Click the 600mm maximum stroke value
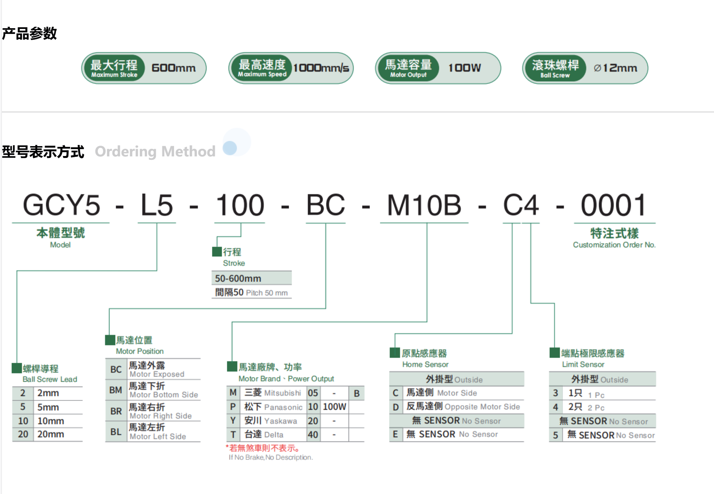pyautogui.click(x=174, y=68)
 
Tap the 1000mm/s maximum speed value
pyautogui.click(x=321, y=68)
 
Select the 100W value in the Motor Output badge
pyautogui.click(x=464, y=68)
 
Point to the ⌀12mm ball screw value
pyautogui.click(x=615, y=68)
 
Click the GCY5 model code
pyautogui.click(x=61, y=205)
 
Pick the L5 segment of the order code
pyautogui.click(x=157, y=205)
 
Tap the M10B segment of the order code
pyautogui.click(x=424, y=205)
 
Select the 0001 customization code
pyautogui.click(x=613, y=205)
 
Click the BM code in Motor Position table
pyautogui.click(x=116, y=390)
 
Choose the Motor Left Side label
pyautogui.click(x=158, y=436)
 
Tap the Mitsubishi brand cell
pyautogui.click(x=273, y=393)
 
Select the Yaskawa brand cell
pyautogui.click(x=271, y=421)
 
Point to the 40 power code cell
pyautogui.click(x=313, y=434)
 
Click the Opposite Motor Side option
pyautogui.click(x=463, y=407)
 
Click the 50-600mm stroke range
pyautogui.click(x=238, y=278)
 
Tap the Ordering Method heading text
pyautogui.click(x=155, y=151)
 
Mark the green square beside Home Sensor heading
pyautogui.click(x=394, y=353)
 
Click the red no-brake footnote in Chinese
pyautogui.click(x=264, y=448)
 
